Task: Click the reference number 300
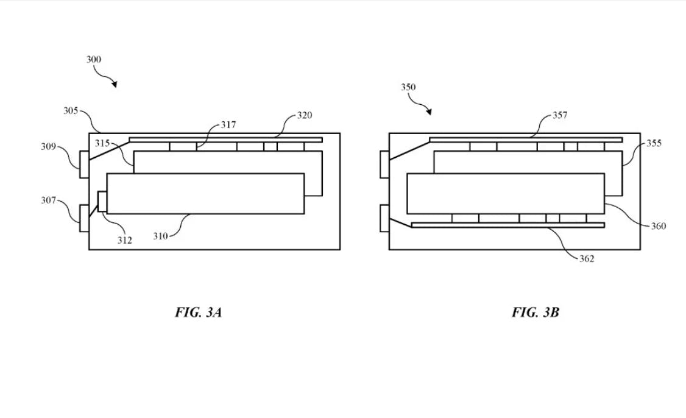pos(94,59)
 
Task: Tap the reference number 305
pos(71,111)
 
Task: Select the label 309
pos(49,147)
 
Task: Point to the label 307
pos(49,200)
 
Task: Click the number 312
pos(125,240)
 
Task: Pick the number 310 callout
pos(161,236)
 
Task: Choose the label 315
pos(102,143)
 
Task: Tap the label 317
pos(228,125)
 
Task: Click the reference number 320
pos(305,115)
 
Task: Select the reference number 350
pos(408,87)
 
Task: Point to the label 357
pos(560,115)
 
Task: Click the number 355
pos(654,143)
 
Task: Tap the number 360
pos(659,226)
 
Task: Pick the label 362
pos(587,259)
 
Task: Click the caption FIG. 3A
pos(199,313)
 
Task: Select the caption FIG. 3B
pos(536,313)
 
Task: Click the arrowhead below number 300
pos(115,85)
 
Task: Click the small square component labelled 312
pos(102,202)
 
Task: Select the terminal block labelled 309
pos(85,164)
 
